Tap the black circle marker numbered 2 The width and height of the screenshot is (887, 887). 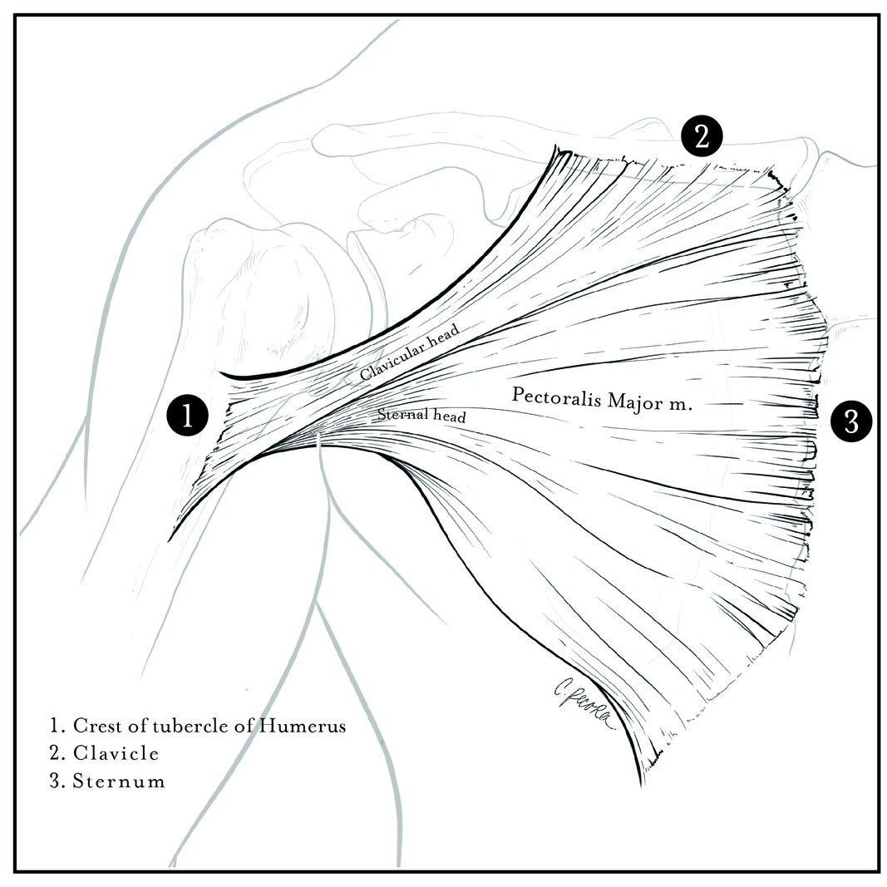[702, 136]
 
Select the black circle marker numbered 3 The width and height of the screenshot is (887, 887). [851, 421]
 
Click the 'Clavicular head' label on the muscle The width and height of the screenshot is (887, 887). [409, 352]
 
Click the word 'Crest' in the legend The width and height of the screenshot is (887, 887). [96, 725]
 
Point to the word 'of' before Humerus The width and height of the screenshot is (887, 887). [240, 725]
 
